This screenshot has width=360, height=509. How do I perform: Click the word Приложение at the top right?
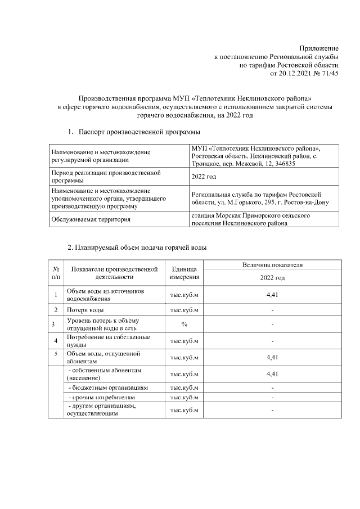point(318,49)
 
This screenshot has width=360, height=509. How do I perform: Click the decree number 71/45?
point(330,73)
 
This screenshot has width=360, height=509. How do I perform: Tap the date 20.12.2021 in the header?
point(296,73)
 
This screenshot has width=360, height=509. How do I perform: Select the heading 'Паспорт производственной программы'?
point(139,132)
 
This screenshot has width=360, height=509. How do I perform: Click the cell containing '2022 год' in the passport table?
point(204,177)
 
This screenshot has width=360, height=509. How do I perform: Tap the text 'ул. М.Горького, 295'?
point(236,202)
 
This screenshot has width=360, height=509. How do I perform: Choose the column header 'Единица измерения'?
point(183,273)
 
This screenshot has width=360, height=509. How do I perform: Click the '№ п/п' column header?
point(56,273)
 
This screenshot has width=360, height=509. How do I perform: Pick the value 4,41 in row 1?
point(272,295)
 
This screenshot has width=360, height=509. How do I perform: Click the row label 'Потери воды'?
point(85,310)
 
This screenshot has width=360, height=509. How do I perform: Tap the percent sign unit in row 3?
point(183,324)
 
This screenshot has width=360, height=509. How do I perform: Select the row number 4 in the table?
point(56,340)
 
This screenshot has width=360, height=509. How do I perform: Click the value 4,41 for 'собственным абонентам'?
point(272,373)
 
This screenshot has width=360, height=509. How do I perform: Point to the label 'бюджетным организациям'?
point(107,388)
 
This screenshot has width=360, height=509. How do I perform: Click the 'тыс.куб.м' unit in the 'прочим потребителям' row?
point(183,397)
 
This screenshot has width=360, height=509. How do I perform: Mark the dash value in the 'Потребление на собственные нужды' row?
point(272,340)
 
